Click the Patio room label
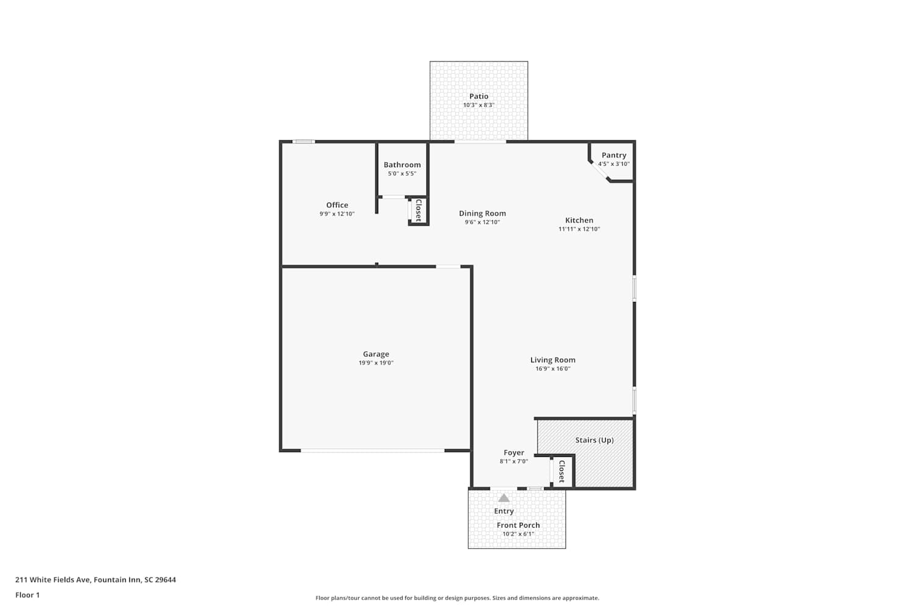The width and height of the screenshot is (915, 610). coord(479,96)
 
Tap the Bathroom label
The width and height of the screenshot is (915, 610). coord(402,165)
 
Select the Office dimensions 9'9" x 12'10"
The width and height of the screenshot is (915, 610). coord(337,213)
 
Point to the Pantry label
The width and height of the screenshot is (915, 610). coord(614,156)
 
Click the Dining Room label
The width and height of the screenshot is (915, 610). coord(483,213)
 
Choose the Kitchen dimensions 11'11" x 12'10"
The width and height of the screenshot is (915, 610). coord(579,229)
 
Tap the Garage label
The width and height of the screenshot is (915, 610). coord(376,354)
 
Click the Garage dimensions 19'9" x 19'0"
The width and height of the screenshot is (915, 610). coord(376,363)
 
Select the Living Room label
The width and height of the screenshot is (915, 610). coord(553,360)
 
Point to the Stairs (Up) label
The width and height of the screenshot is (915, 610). coord(594,440)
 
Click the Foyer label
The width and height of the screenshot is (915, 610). coord(514,453)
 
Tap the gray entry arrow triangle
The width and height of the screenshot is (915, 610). coord(504,498)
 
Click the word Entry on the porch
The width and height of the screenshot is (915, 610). coord(504,511)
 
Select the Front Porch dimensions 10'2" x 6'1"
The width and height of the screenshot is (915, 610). coord(518,534)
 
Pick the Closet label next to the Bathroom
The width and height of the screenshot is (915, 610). coord(418,210)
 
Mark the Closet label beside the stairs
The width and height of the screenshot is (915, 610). coord(562,472)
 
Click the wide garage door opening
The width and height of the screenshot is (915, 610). coord(373,451)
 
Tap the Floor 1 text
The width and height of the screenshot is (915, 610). coord(27,595)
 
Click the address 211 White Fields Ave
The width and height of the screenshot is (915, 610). coord(52,579)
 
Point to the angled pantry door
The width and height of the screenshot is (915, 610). coord(600,171)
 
